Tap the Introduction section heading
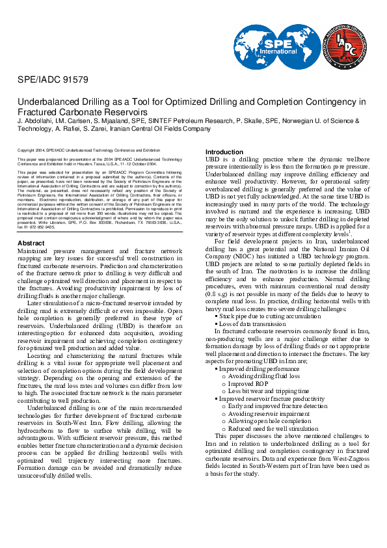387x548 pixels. pos(224,152)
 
